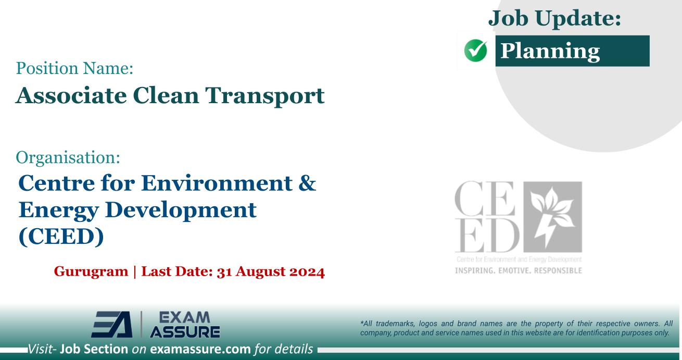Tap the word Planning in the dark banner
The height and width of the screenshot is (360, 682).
(550, 51)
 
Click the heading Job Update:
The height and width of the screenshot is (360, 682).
(555, 19)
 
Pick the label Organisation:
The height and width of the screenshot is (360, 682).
(68, 156)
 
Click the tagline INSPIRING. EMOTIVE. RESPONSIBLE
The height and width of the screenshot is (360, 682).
(519, 270)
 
